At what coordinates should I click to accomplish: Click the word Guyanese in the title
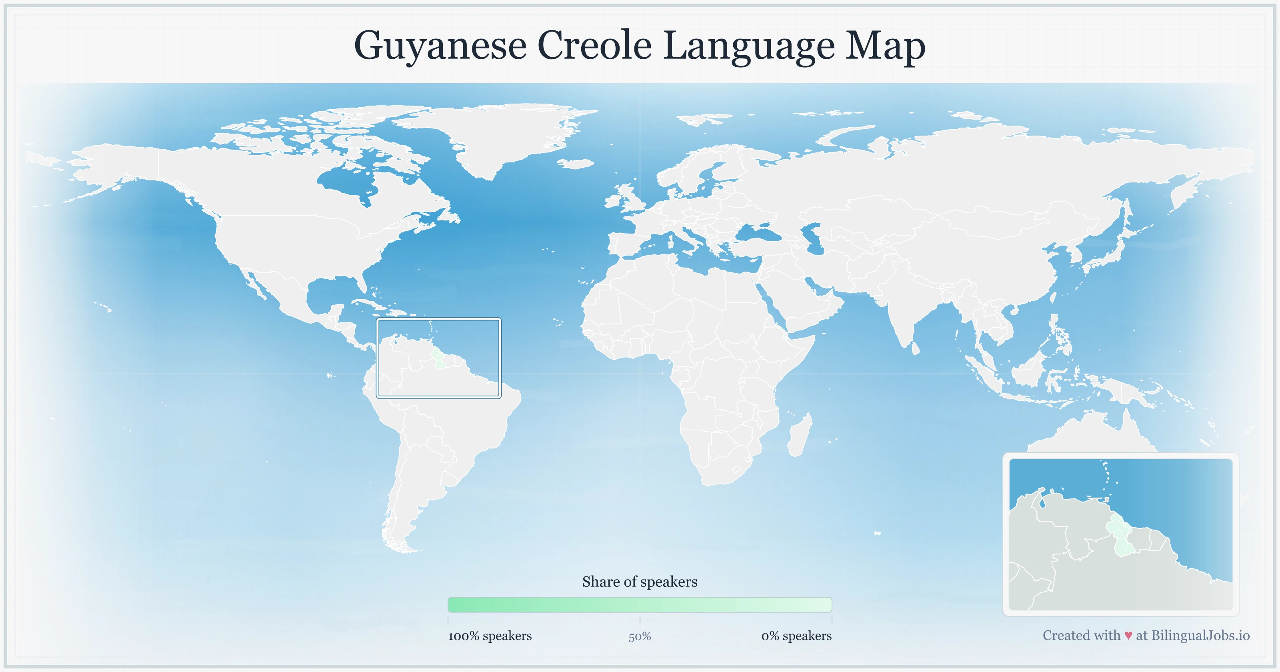[440, 46]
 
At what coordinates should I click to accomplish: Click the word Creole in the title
[594, 46]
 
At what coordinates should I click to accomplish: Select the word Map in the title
[886, 46]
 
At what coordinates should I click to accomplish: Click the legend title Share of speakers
[640, 582]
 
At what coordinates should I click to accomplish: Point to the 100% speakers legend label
[490, 636]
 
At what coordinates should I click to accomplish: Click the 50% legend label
[640, 636]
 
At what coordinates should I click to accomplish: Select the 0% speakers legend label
[796, 636]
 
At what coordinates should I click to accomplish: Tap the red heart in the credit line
[1128, 636]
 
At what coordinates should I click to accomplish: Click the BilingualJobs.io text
[1200, 635]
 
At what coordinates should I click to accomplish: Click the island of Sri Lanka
[915, 348]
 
